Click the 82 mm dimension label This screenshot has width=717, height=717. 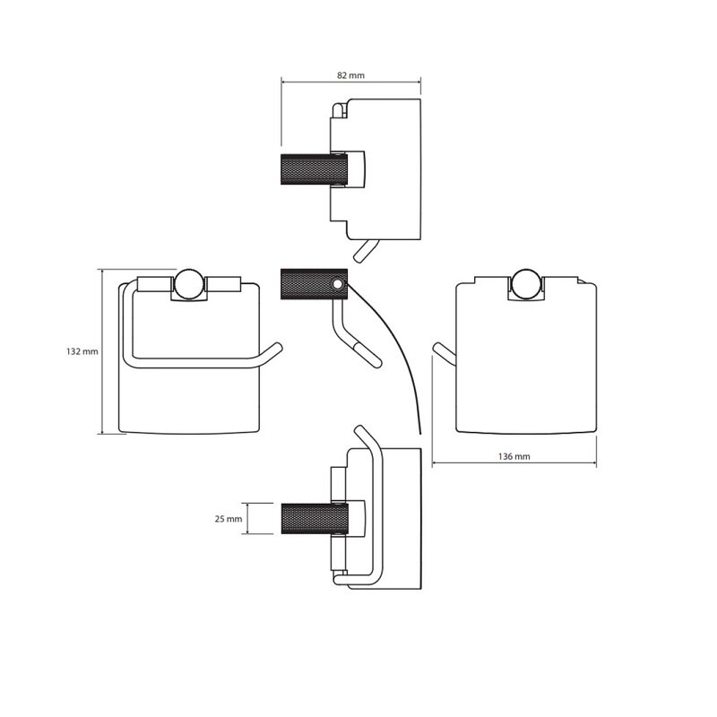point(350,74)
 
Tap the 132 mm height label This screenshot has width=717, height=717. point(82,351)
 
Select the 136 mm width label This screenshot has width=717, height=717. point(514,456)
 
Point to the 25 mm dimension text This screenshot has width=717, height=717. point(229,518)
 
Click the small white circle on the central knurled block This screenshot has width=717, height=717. point(339,285)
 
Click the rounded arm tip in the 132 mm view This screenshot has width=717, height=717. point(275,348)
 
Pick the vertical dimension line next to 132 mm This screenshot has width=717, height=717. point(100,351)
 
